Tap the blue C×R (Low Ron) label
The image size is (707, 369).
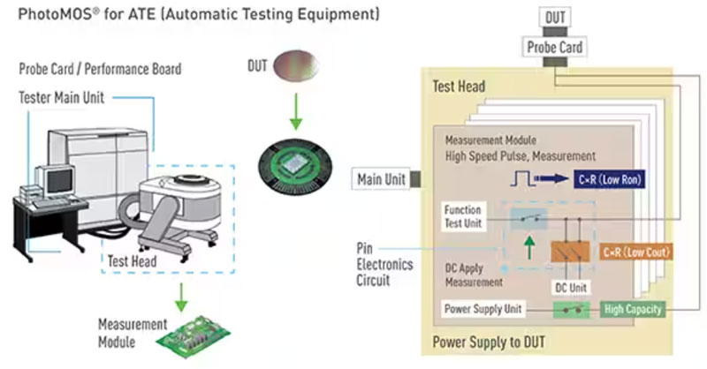611,179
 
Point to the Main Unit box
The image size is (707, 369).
381,180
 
